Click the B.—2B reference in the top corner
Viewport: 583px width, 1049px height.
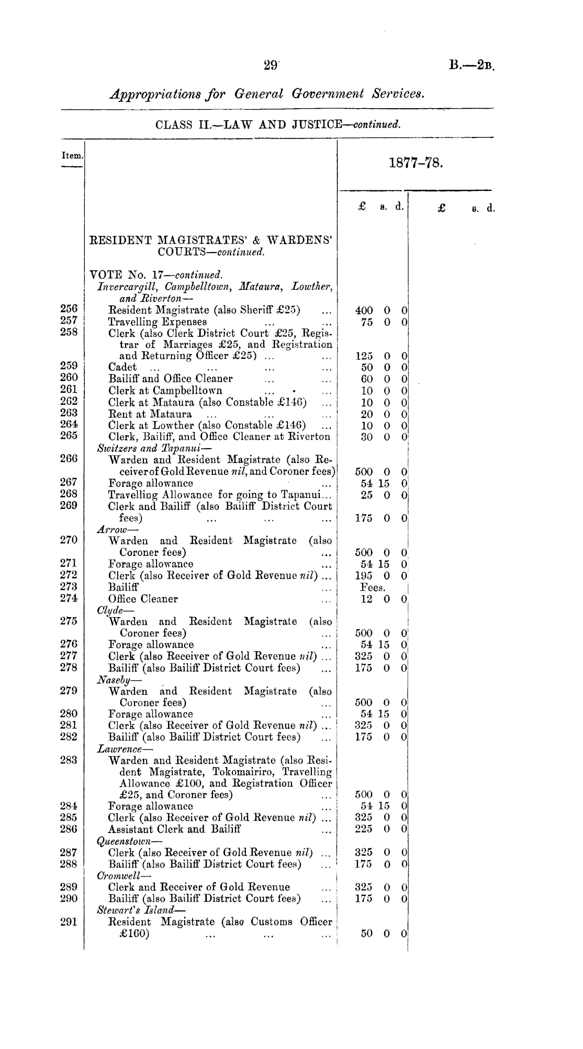pyautogui.click(x=471, y=66)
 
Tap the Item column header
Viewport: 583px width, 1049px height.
pyautogui.click(x=72, y=155)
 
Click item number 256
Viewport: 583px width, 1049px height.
pyautogui.click(x=69, y=309)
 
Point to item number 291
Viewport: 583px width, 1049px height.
pyautogui.click(x=69, y=922)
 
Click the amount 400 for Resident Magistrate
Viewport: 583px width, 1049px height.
pyautogui.click(x=364, y=311)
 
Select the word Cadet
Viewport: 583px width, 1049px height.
pyautogui.click(x=122, y=367)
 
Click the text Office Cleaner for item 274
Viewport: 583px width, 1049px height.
pyautogui.click(x=143, y=599)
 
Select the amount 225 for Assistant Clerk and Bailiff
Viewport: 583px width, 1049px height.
pyautogui.click(x=363, y=829)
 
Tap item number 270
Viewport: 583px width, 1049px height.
pyautogui.click(x=69, y=540)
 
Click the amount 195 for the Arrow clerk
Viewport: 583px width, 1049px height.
pyautogui.click(x=363, y=576)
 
